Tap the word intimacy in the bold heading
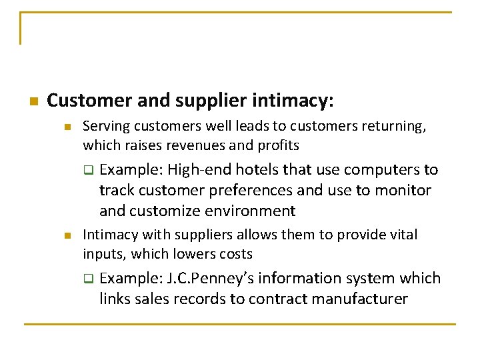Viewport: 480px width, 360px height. [x=291, y=101]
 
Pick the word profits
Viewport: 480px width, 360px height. [x=279, y=145]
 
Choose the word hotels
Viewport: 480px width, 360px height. [x=257, y=170]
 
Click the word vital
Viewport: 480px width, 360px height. [x=402, y=235]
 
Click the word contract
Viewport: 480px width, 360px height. [x=271, y=299]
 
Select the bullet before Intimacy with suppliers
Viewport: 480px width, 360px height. [x=67, y=235]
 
